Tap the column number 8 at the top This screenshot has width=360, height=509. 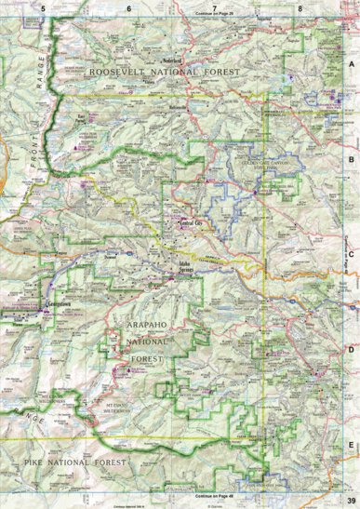pos(300,7)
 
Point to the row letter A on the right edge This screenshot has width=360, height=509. pos(351,64)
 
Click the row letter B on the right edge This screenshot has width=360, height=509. pos(351,159)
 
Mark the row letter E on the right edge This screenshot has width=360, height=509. pos(351,444)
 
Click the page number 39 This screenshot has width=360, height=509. pos(349,502)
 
